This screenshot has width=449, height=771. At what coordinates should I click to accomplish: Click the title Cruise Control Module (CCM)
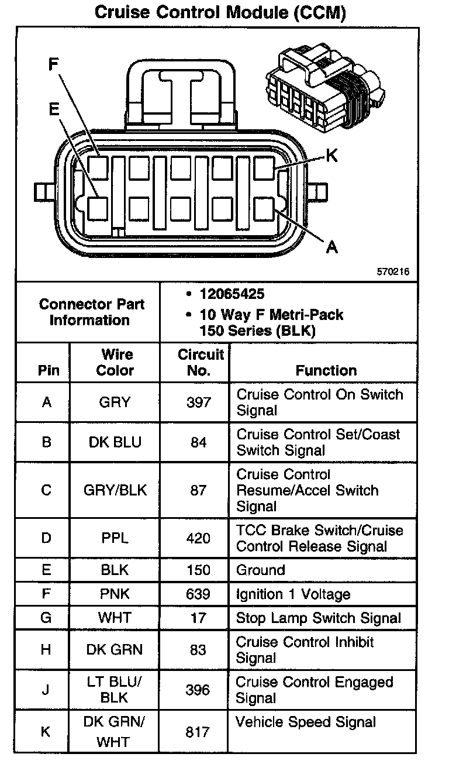220,12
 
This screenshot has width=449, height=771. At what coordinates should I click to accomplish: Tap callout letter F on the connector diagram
54,64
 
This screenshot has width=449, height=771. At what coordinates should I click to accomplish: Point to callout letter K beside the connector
331,156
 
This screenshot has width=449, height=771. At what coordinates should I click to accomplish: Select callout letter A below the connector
331,247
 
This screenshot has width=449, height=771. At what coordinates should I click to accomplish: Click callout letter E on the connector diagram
54,109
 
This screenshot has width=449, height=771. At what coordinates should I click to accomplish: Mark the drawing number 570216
393,272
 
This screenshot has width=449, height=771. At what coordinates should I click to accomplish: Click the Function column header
326,370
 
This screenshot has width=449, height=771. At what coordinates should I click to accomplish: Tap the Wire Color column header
115,362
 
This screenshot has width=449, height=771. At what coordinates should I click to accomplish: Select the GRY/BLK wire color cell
115,490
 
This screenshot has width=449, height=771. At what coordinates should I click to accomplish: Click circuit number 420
198,538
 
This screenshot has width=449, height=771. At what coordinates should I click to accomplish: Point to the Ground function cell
260,570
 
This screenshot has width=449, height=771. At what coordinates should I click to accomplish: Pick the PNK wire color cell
115,594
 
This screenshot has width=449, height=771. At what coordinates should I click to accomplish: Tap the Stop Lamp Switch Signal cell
318,618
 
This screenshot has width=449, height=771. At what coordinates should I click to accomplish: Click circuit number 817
198,732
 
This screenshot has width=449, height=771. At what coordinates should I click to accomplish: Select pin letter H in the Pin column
46,650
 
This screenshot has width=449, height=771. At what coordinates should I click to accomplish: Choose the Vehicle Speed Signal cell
305,722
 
